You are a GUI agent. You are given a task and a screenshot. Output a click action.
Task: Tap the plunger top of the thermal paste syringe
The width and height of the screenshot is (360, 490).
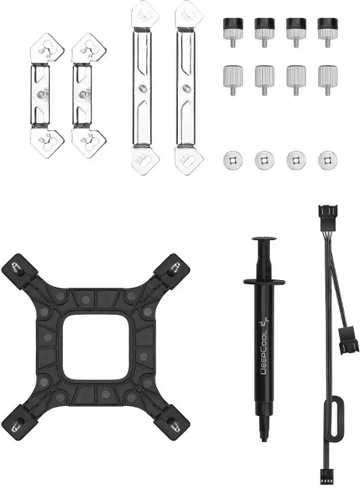264,239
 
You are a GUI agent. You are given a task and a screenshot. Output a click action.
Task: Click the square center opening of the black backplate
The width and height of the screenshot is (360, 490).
96,348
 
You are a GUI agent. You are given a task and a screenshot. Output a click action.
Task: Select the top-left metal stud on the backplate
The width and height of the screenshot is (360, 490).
16,268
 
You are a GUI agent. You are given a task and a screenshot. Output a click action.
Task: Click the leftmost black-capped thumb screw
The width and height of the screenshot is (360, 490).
232,33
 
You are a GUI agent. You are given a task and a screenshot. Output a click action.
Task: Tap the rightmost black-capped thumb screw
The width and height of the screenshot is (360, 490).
327,33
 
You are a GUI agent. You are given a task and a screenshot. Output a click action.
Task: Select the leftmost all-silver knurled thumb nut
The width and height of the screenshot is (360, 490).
232,80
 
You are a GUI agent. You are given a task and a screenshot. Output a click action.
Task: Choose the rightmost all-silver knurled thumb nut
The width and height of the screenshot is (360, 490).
327,80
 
